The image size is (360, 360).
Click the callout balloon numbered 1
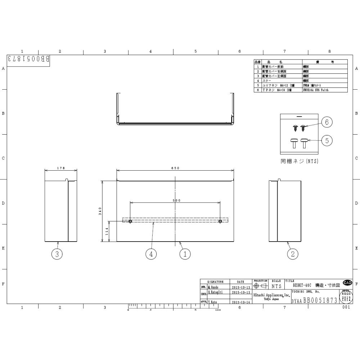[x=185, y=254]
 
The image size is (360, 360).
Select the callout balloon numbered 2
[x=293, y=254]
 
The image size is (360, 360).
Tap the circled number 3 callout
[x=57, y=254]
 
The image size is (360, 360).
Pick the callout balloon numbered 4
[x=151, y=254]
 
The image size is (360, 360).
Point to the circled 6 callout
[x=327, y=122]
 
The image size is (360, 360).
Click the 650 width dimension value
[x=175, y=168]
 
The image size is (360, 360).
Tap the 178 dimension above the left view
[x=61, y=168]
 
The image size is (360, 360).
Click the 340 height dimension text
[x=100, y=211]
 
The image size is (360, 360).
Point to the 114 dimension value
[x=107, y=231]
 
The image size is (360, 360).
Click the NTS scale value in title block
[x=276, y=287]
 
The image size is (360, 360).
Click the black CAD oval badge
[x=347, y=283]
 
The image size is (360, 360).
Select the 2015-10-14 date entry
[x=241, y=302]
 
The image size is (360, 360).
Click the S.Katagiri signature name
[x=216, y=293]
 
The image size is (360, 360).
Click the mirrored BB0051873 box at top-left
[x=28, y=59]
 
